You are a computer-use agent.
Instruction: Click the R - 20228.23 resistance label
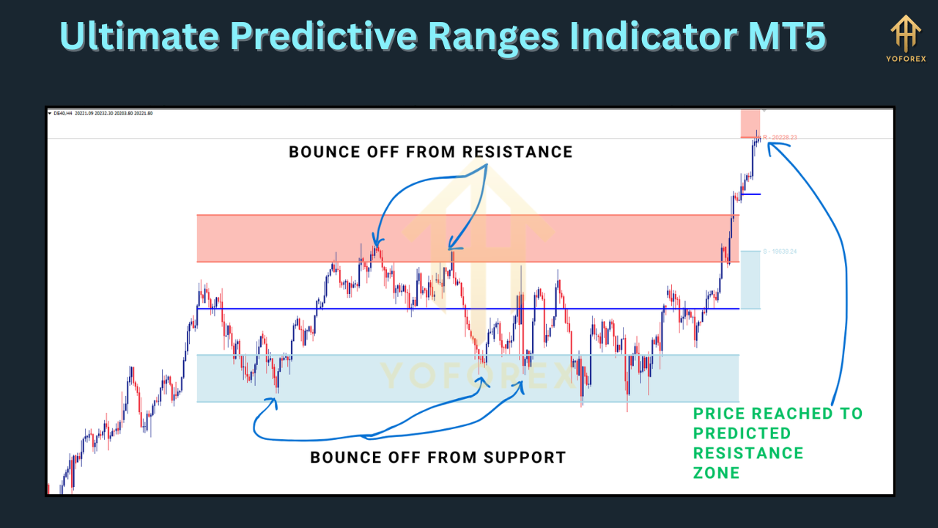tap(780, 137)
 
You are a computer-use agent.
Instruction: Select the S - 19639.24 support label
tap(780, 252)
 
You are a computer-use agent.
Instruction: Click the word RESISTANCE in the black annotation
tap(517, 152)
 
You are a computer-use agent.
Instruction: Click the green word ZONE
tap(716, 473)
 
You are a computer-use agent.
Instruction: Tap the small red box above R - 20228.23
tap(750, 122)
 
